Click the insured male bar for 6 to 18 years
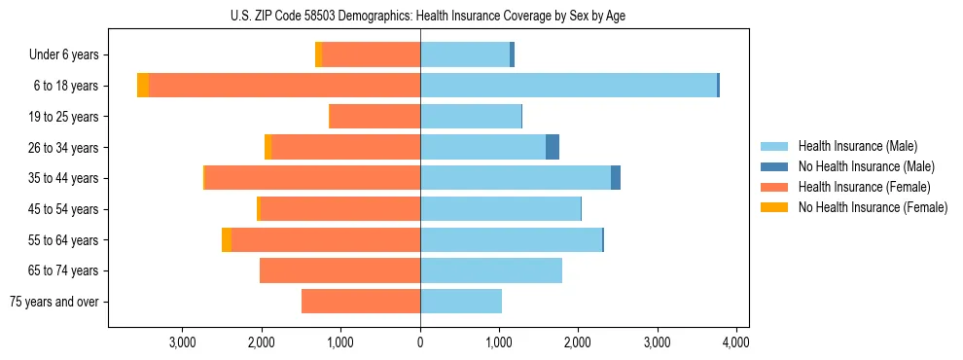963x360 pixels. [x=568, y=86]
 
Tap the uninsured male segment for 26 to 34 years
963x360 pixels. [x=553, y=147]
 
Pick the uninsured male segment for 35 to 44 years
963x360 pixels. [x=616, y=178]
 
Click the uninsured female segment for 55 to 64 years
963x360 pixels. [x=227, y=239]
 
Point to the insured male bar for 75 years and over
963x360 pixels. [x=461, y=302]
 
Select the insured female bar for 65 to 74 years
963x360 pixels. [x=339, y=270]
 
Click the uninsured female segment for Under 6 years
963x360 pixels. [x=318, y=54]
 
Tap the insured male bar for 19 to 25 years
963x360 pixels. [x=471, y=117]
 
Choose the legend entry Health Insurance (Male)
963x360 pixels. [x=857, y=146]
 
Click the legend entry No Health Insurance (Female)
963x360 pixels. [x=873, y=207]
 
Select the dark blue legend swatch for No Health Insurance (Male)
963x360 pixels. [x=774, y=166]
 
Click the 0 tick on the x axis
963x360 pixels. [x=420, y=342]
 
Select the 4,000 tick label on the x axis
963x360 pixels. [x=735, y=342]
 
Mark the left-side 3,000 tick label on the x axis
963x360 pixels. [x=183, y=342]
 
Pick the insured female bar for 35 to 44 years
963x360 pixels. [x=312, y=178]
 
